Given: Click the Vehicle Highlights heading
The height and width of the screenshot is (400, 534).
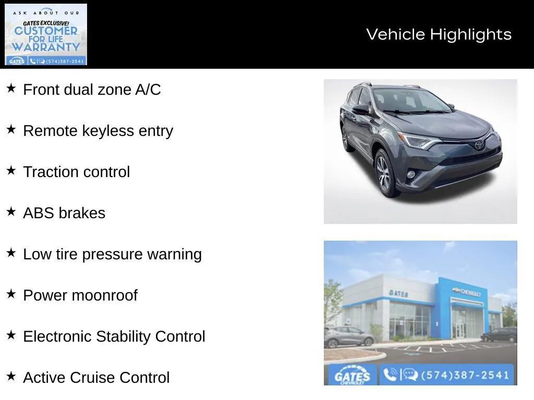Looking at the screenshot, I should pos(439,34).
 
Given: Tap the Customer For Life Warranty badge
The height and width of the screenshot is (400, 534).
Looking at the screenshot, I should pos(46,34).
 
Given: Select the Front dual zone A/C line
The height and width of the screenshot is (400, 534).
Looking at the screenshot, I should pos(92,90).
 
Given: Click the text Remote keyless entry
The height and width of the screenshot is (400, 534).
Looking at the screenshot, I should pos(98,131).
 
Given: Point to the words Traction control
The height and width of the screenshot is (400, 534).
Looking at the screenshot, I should pos(76,172).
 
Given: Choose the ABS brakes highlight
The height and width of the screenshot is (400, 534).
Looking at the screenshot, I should pos(64,213).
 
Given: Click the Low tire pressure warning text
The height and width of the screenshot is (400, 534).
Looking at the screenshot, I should pos(112,254).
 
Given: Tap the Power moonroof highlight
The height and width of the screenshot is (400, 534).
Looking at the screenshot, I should pos(80,295).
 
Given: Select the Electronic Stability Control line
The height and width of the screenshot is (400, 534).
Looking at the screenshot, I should pos(114,336).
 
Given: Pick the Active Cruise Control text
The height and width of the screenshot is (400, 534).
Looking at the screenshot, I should pos(96,378).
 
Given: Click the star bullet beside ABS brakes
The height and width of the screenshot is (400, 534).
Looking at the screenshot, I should pos(11,212).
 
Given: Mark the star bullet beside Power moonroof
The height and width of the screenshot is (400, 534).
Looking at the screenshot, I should pos(11,294).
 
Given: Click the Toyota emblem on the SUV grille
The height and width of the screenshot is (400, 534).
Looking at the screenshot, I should pos(479,145).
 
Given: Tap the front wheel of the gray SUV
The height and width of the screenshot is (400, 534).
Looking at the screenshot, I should pos(385,173).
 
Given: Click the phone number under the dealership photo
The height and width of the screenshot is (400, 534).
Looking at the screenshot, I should pos(465,375).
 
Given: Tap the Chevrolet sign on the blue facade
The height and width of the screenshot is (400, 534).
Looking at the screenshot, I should pos(467,292).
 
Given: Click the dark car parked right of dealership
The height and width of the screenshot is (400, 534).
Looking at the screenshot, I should pos(499,335).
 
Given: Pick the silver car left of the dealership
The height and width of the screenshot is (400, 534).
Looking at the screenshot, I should pos(348,336).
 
